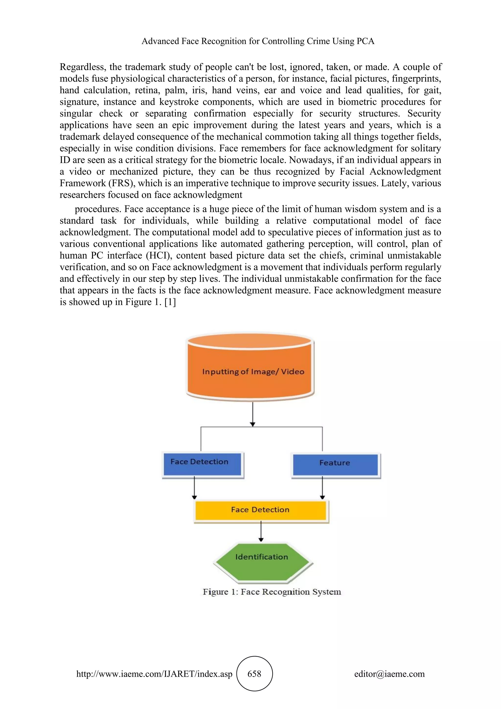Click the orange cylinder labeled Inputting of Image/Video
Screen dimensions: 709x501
point(250,367)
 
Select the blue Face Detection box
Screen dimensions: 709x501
point(202,464)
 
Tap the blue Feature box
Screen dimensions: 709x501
point(335,465)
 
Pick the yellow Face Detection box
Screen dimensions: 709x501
point(261,510)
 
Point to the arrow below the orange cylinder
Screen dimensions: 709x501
point(253,414)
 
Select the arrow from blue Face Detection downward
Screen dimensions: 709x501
point(194,488)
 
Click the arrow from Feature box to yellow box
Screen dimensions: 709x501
point(322,488)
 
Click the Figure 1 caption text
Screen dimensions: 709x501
point(272,592)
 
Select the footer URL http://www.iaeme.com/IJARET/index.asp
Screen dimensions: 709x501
point(154,674)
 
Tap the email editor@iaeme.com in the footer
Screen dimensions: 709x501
point(389,674)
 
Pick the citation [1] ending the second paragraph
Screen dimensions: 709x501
point(170,302)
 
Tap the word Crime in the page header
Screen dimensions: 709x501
point(318,41)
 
